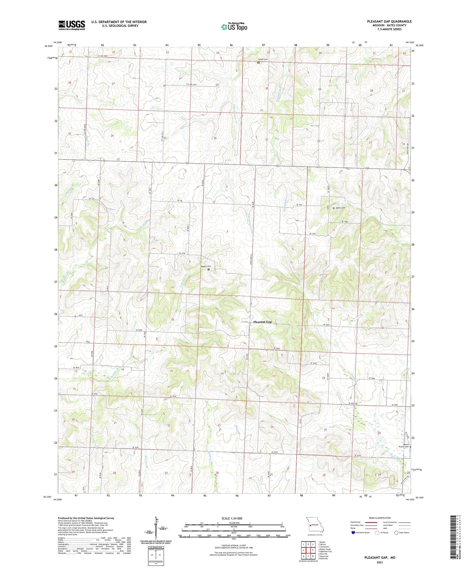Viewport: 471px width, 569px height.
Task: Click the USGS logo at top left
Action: point(71,25)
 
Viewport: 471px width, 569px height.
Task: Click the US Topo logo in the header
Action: point(234,27)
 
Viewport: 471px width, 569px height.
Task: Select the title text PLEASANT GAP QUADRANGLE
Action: point(389,22)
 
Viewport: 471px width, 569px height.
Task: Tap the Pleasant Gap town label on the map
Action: point(262,322)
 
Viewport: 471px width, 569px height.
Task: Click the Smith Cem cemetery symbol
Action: point(258,63)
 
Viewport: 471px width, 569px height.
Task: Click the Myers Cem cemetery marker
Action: point(333,208)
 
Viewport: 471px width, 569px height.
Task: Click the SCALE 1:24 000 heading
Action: point(232,518)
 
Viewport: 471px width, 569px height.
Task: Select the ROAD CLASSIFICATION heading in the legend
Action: point(379,518)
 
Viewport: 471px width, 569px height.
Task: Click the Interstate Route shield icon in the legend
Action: point(353,533)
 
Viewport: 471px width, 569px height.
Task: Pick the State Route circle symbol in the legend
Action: point(396,533)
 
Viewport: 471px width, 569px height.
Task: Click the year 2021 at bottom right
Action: point(380,562)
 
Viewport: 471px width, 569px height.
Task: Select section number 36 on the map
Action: point(215,138)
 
